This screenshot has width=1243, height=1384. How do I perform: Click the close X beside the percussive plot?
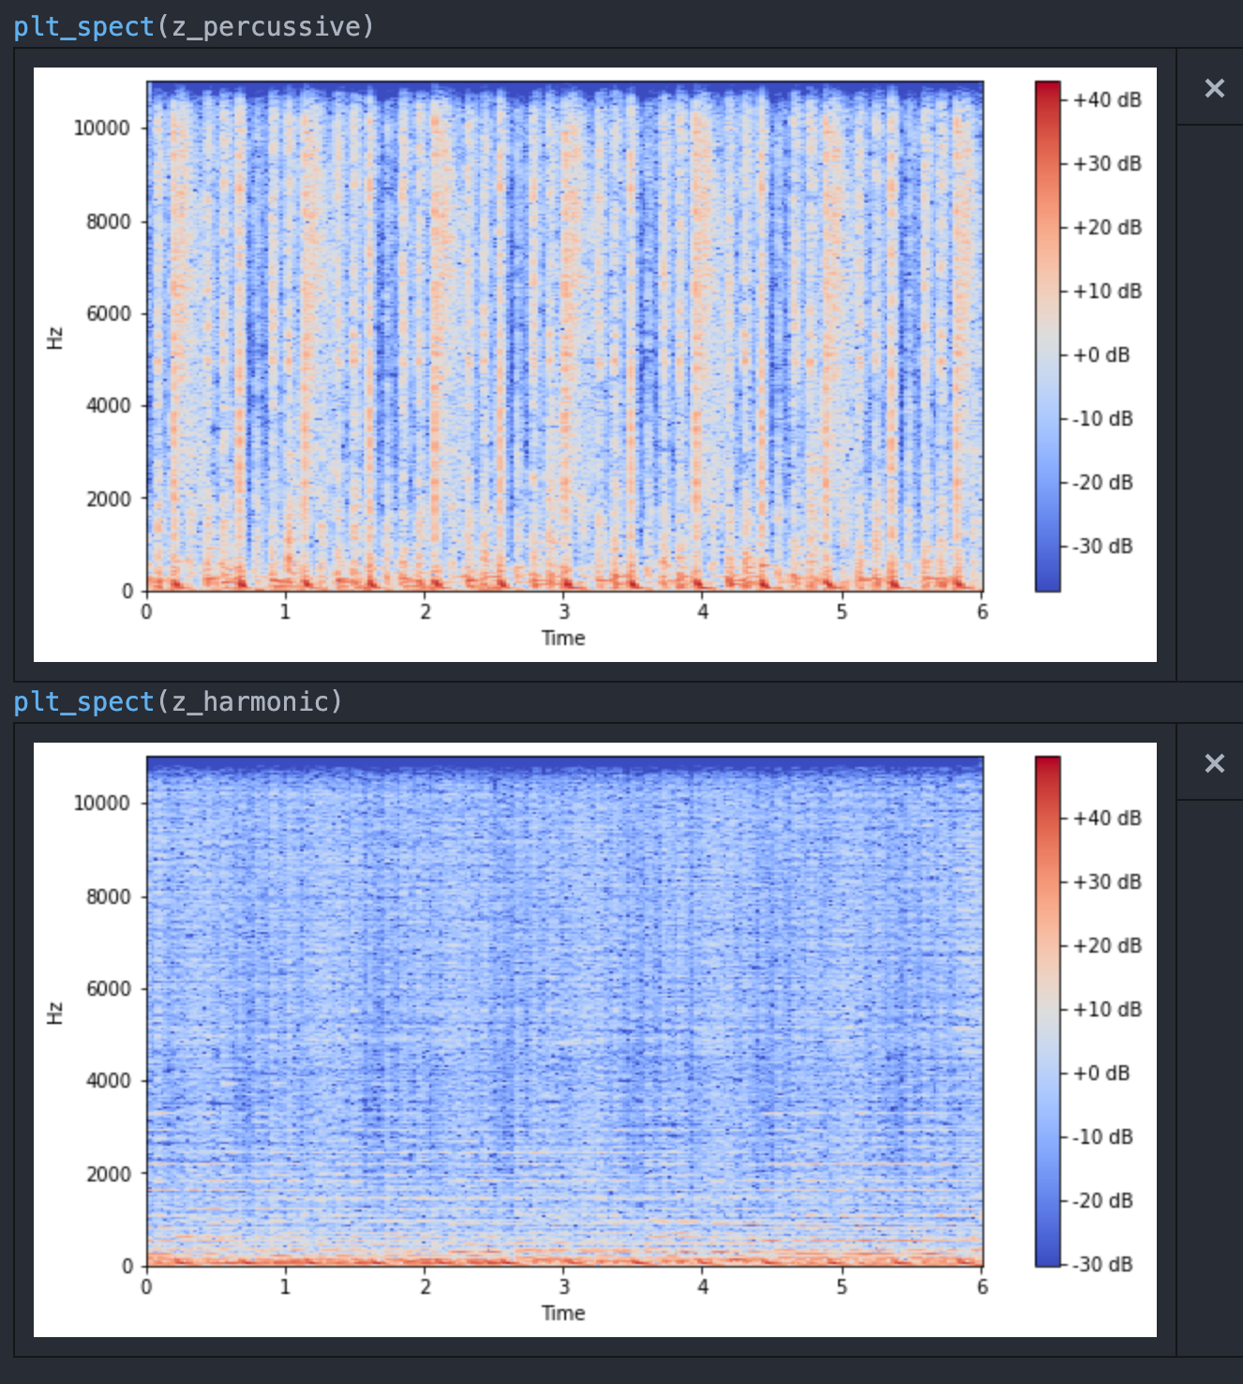(x=1214, y=88)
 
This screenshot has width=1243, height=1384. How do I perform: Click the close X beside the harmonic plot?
(x=1214, y=763)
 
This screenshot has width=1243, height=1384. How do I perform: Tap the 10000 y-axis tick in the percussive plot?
(x=102, y=128)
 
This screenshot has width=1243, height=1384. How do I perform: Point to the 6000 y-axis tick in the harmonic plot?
(x=109, y=988)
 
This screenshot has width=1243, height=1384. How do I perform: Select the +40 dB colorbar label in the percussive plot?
(x=1107, y=100)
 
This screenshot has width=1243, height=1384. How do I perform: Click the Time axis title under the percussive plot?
(x=563, y=639)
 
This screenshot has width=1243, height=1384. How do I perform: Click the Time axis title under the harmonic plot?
(x=563, y=1314)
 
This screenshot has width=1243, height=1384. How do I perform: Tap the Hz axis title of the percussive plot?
(x=55, y=338)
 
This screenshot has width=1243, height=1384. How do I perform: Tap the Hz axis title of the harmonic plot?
(x=55, y=1013)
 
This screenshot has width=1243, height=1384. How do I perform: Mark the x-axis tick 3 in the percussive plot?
(x=564, y=612)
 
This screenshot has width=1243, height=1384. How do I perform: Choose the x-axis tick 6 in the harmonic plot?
(x=982, y=1287)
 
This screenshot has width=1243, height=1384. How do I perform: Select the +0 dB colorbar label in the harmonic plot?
(x=1101, y=1073)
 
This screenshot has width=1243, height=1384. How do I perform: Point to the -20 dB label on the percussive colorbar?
(x=1104, y=482)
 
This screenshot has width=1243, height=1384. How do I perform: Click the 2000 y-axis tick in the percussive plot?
(x=109, y=499)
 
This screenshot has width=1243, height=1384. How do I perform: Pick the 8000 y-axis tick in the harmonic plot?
(x=109, y=896)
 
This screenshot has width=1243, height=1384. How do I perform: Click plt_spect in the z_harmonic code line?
(x=83, y=702)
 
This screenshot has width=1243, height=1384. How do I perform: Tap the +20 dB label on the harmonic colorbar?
(x=1107, y=945)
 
